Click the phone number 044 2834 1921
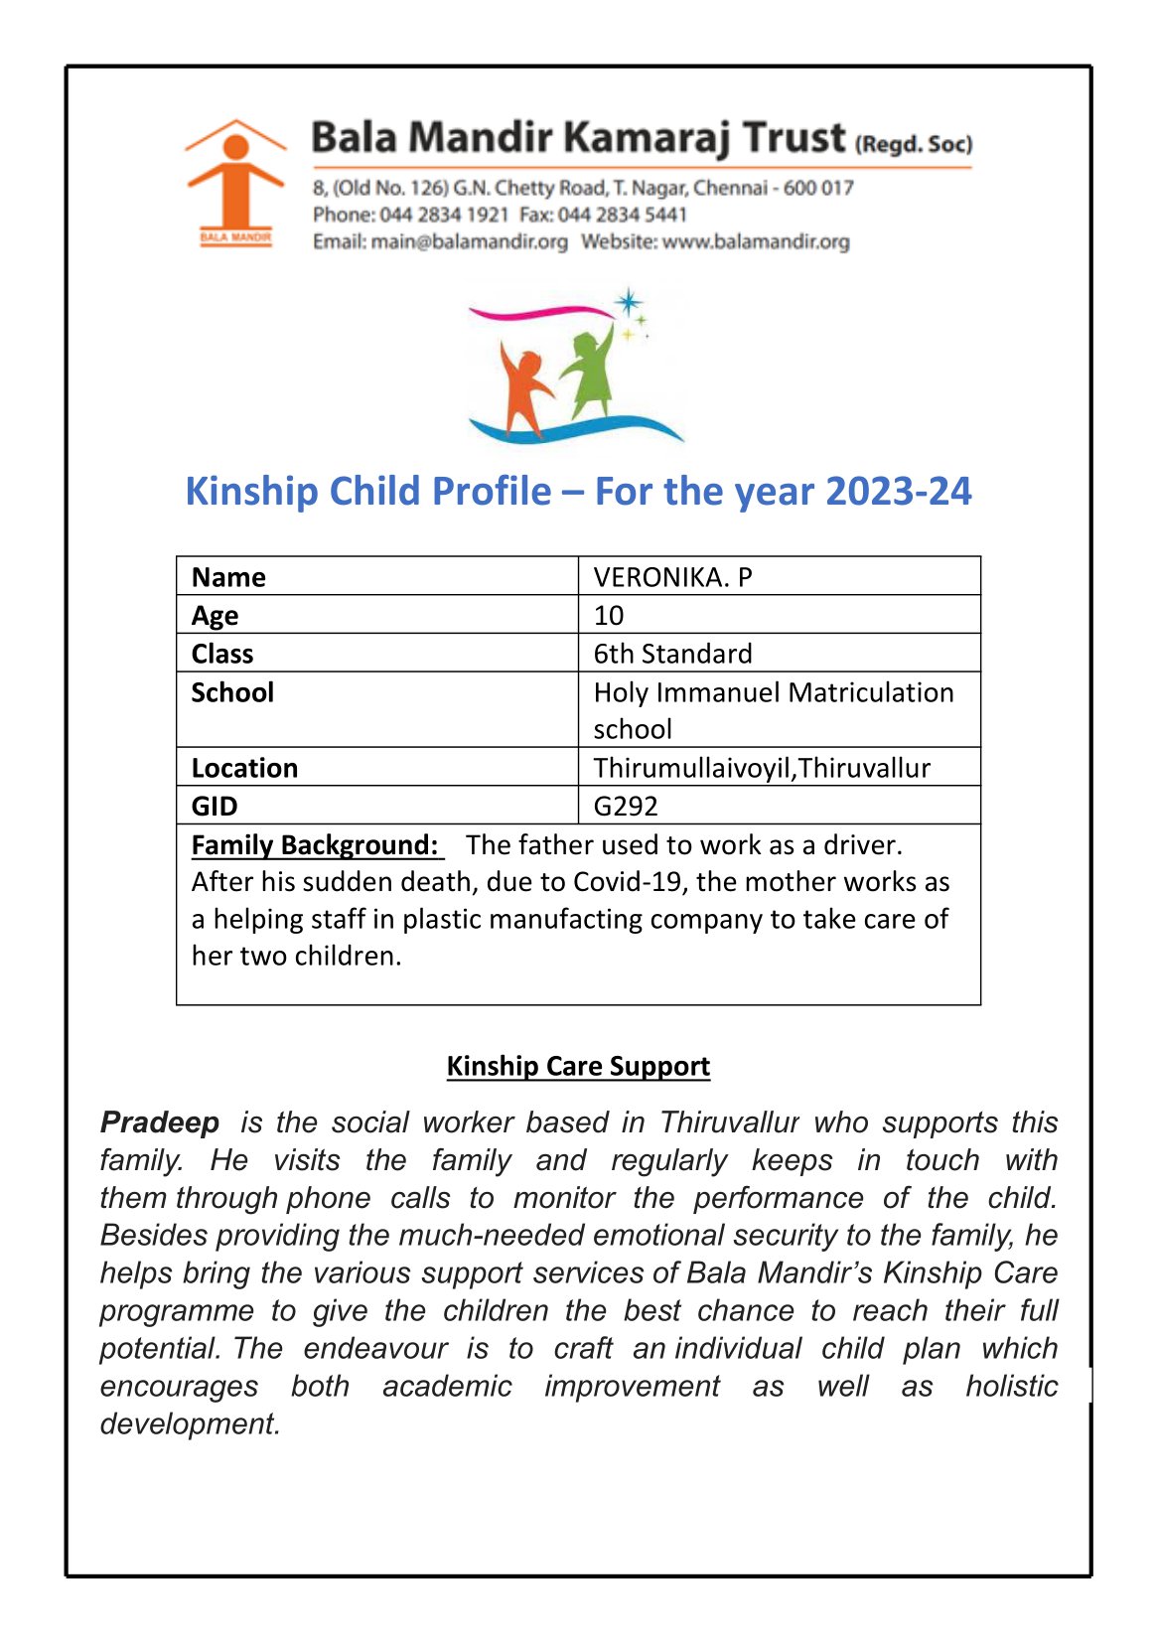[443, 215]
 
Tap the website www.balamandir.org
[756, 241]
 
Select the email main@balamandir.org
[469, 241]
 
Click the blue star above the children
[628, 301]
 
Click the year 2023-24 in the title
[898, 492]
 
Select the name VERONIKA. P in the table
[672, 577]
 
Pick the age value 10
[609, 615]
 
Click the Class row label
[222, 654]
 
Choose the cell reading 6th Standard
[672, 654]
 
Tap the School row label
[232, 692]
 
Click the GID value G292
[626, 806]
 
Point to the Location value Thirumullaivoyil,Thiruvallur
[762, 768]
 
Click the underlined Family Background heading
[315, 845]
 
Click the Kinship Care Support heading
[578, 1066]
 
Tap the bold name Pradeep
[160, 1122]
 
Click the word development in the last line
[189, 1423]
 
